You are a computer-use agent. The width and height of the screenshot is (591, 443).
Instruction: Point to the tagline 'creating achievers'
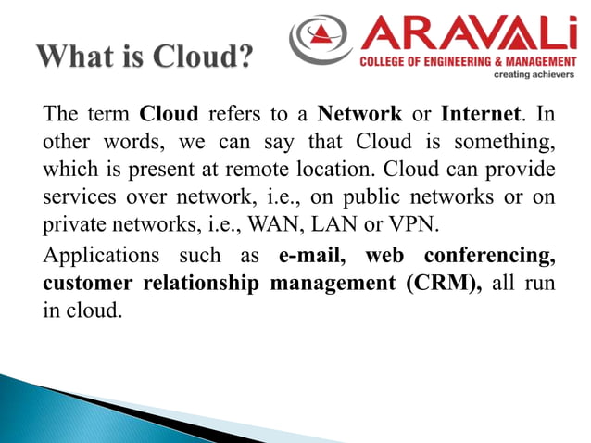(531, 73)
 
